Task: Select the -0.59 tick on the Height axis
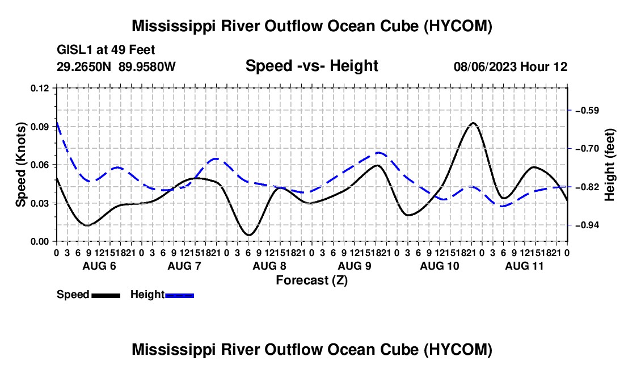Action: click(587, 110)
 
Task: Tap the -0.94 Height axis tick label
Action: click(587, 225)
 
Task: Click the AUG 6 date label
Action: click(99, 266)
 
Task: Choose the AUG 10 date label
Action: click(439, 266)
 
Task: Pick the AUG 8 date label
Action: click(269, 266)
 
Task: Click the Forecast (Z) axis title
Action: click(311, 280)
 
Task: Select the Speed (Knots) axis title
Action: click(20, 165)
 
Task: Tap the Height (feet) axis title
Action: click(609, 165)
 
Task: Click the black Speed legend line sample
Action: click(106, 295)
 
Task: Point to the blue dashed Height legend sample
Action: click(179, 295)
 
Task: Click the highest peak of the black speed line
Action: click(473, 123)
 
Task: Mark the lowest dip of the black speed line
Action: click(249, 235)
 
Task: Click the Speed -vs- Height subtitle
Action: click(311, 66)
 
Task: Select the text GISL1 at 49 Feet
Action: click(106, 50)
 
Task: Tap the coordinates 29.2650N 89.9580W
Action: click(116, 66)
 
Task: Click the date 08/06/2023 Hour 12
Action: click(511, 66)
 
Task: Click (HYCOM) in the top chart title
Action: click(458, 26)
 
